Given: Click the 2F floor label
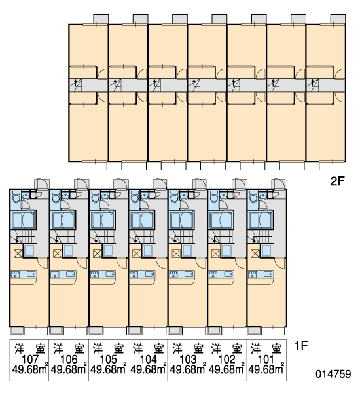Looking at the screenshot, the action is [x=338, y=181].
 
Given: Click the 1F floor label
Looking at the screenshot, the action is [x=300, y=346].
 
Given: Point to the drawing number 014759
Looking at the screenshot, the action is [x=333, y=374].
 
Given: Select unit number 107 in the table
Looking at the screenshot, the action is [x=30, y=360].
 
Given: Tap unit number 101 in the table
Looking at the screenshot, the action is [x=266, y=360].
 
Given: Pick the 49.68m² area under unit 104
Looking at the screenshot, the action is [x=149, y=369].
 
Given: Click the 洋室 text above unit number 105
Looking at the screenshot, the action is [x=109, y=348].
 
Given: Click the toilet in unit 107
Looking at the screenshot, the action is [x=16, y=196].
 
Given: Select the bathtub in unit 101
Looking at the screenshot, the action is [x=260, y=220].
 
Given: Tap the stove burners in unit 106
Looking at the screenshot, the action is [x=55, y=274].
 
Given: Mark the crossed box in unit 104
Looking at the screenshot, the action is [x=136, y=253].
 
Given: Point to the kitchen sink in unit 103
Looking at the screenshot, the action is [x=189, y=274].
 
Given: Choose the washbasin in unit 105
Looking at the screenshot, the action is [x=104, y=196].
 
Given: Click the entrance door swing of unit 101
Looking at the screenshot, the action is [x=278, y=184].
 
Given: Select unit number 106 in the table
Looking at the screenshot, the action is [x=69, y=360].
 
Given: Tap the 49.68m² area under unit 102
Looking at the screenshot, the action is [x=226, y=369].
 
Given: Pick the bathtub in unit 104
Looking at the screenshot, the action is [x=141, y=220].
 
